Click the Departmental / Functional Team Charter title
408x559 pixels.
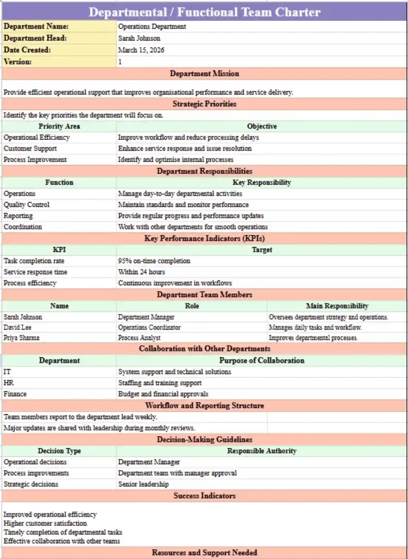pos(204,12)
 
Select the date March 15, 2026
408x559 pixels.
pos(141,50)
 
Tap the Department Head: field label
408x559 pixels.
pos(35,38)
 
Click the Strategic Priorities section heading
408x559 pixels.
pos(204,104)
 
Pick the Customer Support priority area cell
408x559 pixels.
pos(30,148)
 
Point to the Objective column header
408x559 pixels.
pos(262,126)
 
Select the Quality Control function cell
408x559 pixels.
pos(27,205)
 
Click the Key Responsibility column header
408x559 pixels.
pos(262,183)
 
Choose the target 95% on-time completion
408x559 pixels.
pos(154,261)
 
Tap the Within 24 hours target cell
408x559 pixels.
pos(142,272)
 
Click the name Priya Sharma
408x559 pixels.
pos(21,338)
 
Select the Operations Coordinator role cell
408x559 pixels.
pos(149,327)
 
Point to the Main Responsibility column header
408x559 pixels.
pos(337,306)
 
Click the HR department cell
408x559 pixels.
pos(9,383)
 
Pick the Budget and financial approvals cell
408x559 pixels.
pos(163,394)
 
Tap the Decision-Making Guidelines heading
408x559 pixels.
pos(204,439)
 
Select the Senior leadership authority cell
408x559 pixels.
pos(143,484)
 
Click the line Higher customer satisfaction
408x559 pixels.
pos(45,523)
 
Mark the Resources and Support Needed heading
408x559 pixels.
pos(204,553)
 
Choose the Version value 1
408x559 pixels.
pos(120,62)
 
